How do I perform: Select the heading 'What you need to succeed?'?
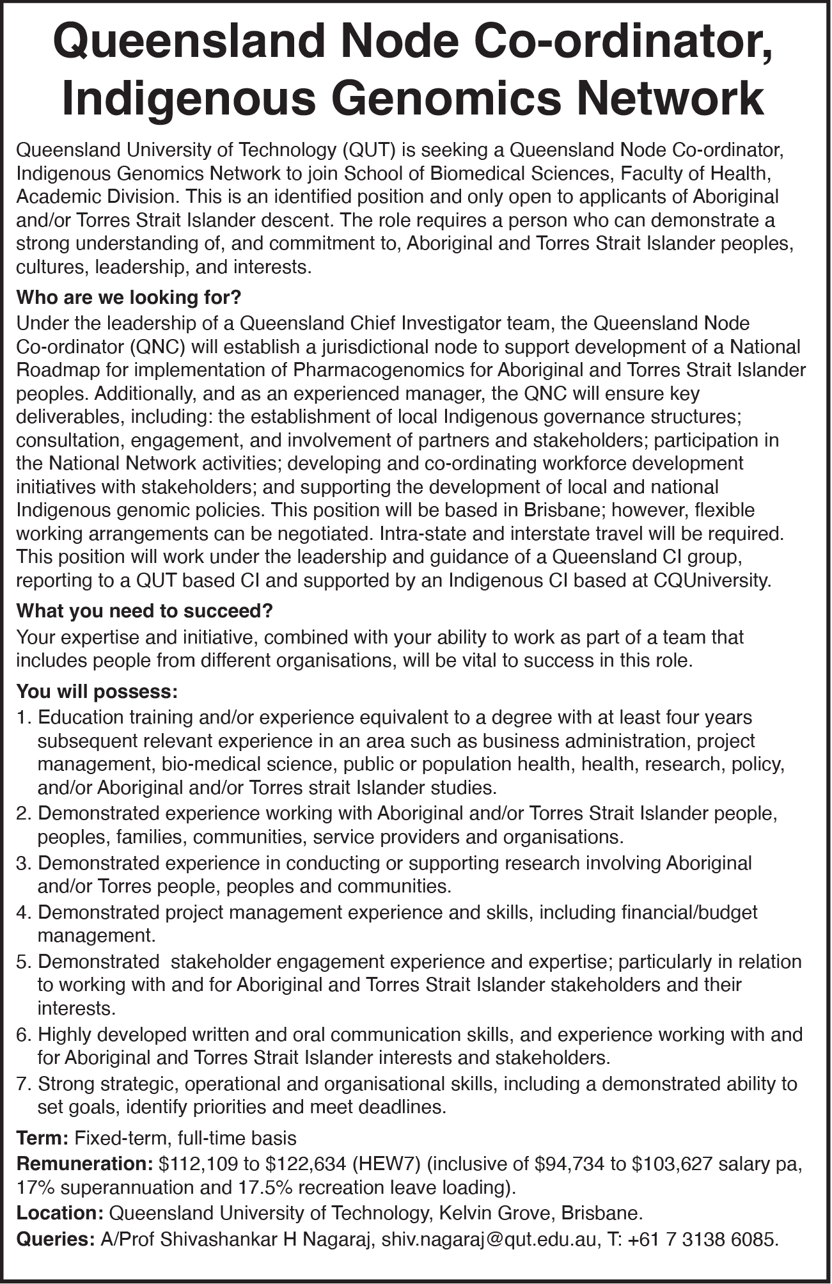145,612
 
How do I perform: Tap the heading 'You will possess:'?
97,692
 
